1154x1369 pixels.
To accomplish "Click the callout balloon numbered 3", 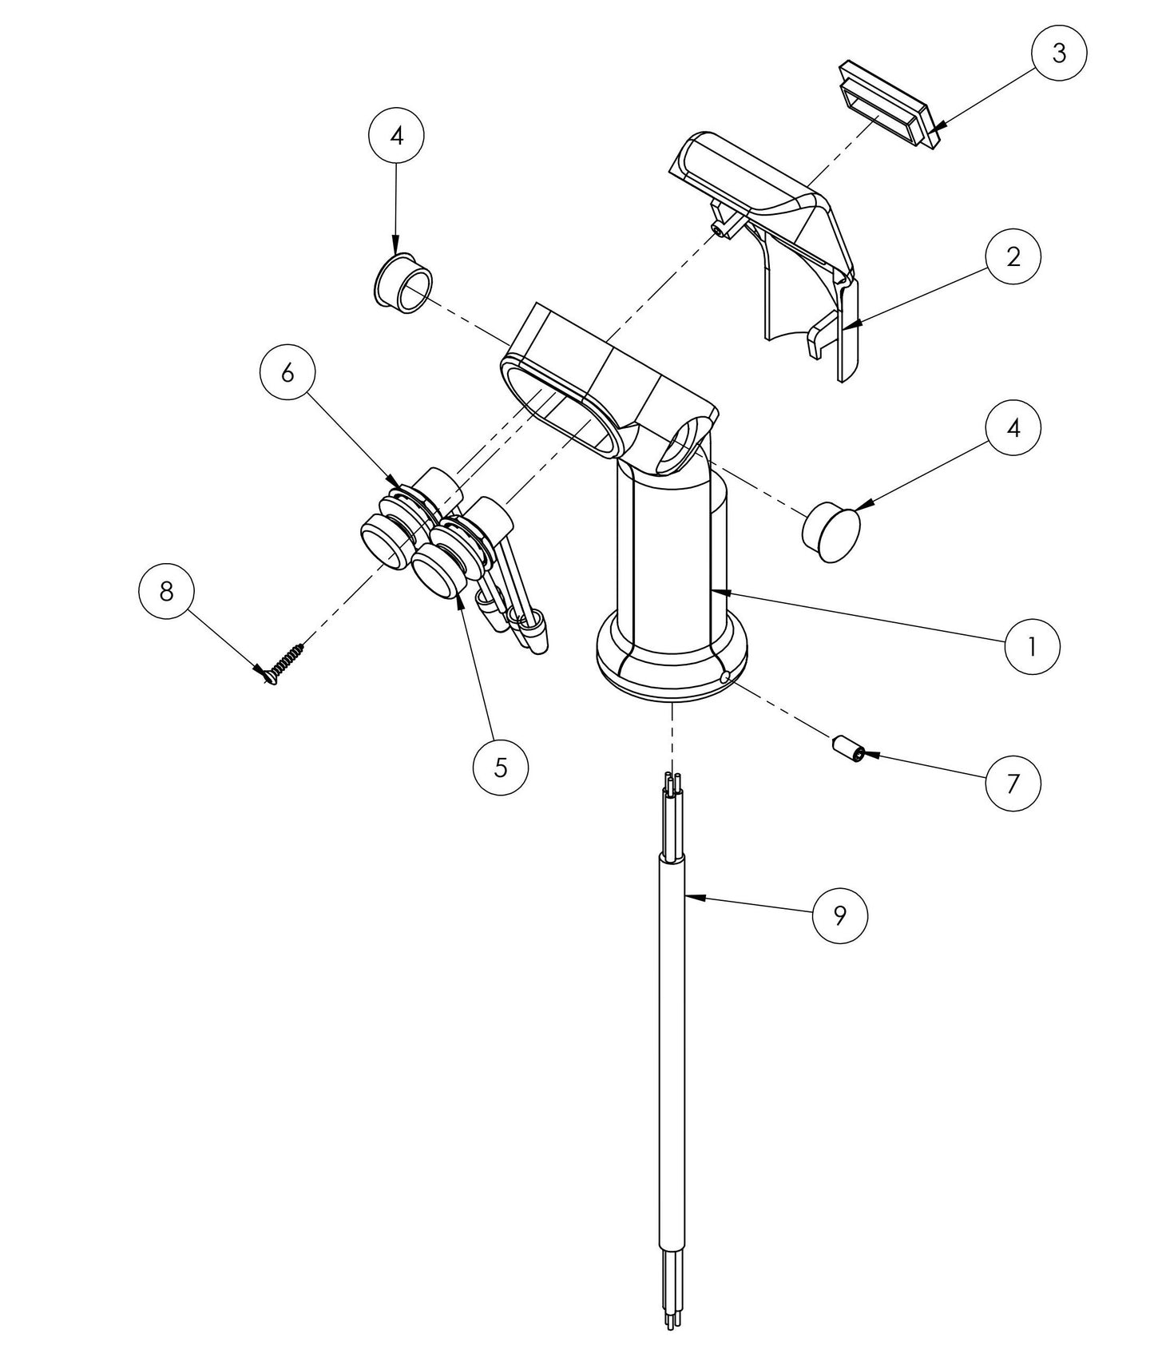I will coord(1058,54).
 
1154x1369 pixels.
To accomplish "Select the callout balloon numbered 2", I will coord(1013,257).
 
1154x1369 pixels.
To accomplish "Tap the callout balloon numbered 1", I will coord(1032,646).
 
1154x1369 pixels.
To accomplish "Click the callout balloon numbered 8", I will coord(166,592).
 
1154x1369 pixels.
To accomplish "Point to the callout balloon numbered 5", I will coord(500,767).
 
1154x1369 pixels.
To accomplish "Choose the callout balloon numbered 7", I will coord(1013,784).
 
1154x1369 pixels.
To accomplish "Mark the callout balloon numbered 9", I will coord(839,915).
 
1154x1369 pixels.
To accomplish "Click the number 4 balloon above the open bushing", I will coord(397,136).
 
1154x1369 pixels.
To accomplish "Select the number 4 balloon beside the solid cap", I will coord(1013,429).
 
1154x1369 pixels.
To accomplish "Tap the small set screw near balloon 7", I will coord(846,750).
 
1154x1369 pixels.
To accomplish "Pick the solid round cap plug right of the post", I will coord(831,531).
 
